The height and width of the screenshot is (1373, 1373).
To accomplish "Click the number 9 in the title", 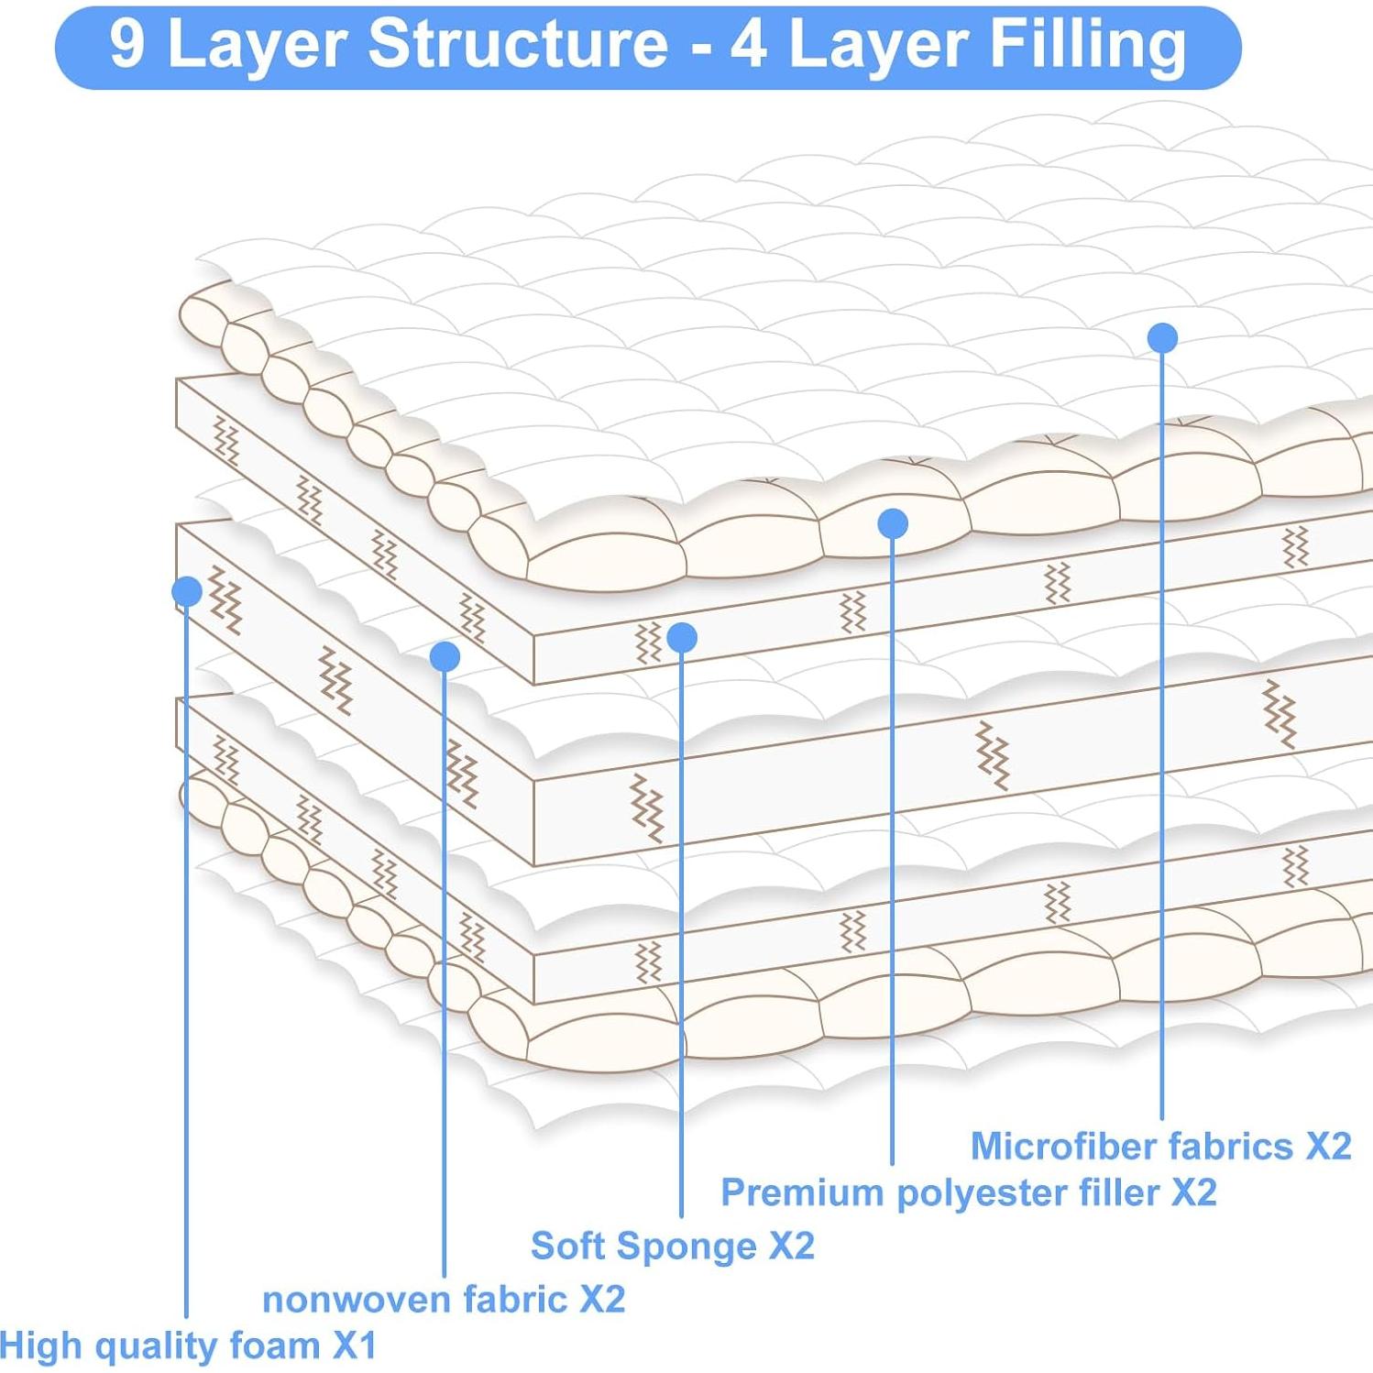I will pos(126,44).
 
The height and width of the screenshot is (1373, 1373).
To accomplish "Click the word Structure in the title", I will pos(518,44).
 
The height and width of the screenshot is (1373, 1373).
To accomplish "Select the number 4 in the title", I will pos(749,44).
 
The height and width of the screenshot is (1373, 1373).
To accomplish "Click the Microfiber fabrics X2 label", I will pos(1160,1146).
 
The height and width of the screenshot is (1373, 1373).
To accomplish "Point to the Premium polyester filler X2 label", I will pos(968,1192).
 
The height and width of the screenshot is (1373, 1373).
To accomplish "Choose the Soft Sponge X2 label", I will pos(672,1246).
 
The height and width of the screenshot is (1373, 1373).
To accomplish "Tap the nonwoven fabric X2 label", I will pos(444,1299).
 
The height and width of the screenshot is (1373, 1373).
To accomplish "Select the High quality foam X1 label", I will pos(188,1346).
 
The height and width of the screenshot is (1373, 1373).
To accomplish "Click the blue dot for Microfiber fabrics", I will pos(1162,338).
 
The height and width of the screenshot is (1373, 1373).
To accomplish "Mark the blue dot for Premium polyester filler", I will pos(893,523).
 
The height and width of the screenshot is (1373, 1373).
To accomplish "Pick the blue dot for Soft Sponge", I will pos(682,637).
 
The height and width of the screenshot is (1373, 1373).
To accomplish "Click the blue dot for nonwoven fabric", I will pos(445,656).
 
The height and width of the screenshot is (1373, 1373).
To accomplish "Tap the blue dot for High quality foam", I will pos(187,591).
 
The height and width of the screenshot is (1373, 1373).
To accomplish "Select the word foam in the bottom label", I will pos(274,1346).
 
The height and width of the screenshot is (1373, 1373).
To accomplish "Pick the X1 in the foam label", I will pos(354,1346).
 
